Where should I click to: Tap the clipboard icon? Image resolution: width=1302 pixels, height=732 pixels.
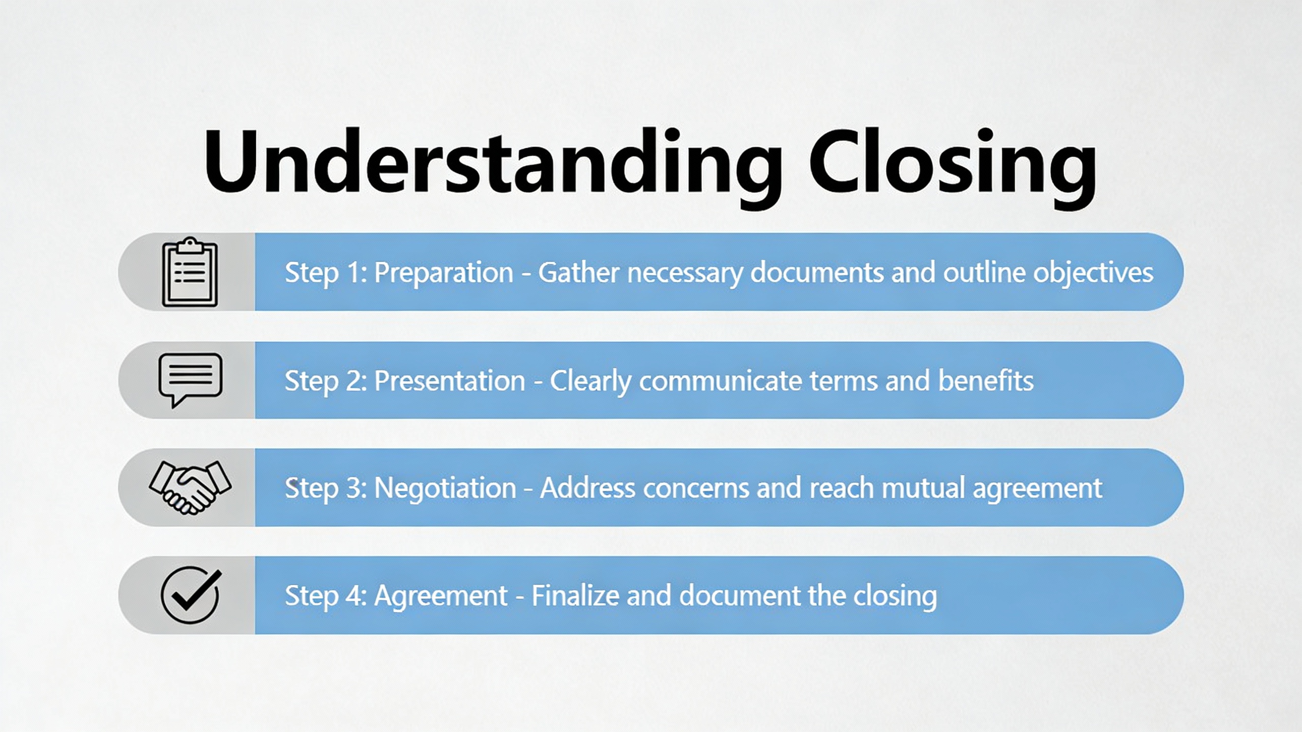pos(190,272)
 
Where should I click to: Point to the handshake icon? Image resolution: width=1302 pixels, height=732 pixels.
pos(190,487)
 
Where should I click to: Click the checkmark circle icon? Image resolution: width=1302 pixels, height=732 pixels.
pos(191,595)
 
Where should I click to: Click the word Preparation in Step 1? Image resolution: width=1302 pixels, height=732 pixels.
pos(443,273)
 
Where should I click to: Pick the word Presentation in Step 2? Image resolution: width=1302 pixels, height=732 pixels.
pos(450,381)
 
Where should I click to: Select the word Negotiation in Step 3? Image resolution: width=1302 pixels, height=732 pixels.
pos(445,488)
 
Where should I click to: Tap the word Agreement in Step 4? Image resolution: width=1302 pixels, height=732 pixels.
pos(440,596)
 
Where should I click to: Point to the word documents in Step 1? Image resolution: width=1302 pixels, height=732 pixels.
pos(817,272)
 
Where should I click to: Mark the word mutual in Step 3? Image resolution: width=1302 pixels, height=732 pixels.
pos(923,488)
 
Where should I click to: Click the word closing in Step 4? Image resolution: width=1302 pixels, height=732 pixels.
pos(895,596)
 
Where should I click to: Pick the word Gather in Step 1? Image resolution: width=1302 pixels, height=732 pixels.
pos(578,272)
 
